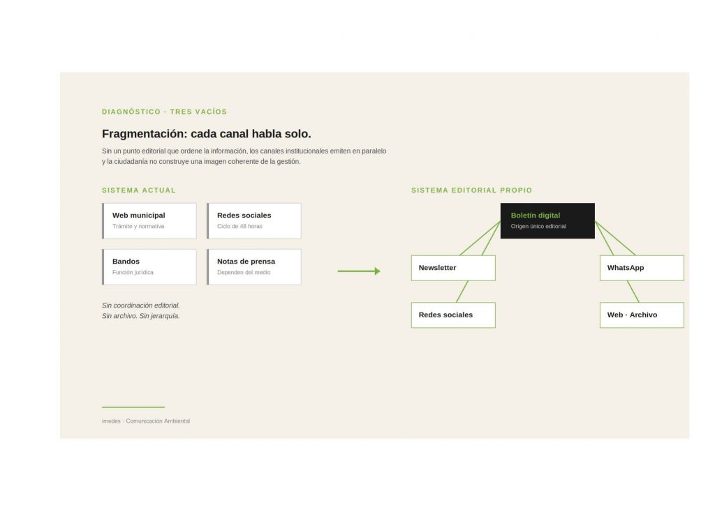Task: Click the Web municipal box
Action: [x=149, y=221]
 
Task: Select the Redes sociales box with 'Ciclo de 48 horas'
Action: [x=254, y=221]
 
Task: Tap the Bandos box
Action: [x=149, y=267]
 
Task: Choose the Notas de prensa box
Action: [x=254, y=267]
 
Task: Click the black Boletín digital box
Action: [x=547, y=221]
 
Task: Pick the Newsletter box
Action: [x=453, y=268]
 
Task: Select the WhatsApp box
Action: [x=642, y=268]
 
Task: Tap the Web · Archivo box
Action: [x=642, y=315]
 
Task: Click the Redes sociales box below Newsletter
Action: [x=453, y=315]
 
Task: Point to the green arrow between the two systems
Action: [x=359, y=271]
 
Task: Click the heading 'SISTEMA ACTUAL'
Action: [x=139, y=190]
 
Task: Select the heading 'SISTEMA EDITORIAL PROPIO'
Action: [x=471, y=190]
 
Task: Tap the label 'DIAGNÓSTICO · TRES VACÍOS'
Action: [x=164, y=112]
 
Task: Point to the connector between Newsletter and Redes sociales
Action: [x=462, y=292]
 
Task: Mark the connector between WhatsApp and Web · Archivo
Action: [x=633, y=292]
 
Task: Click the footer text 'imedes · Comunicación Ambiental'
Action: [x=146, y=421]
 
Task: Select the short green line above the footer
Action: [x=133, y=407]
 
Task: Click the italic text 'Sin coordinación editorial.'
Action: [x=141, y=306]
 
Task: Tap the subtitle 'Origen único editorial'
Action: [x=538, y=226]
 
